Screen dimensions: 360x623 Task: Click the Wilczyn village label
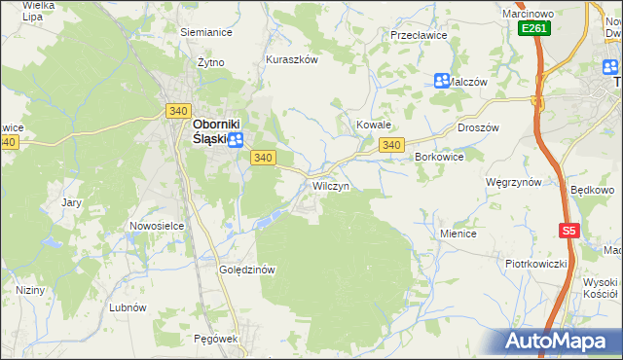point(330,185)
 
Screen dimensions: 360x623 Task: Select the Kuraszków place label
point(292,59)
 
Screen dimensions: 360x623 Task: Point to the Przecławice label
point(418,34)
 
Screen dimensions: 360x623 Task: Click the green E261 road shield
point(534,29)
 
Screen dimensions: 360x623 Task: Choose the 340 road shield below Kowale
point(391,145)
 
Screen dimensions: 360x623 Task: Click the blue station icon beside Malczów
point(442,81)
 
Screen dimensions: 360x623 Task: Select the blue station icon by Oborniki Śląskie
point(236,140)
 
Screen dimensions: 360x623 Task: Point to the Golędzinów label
point(250,270)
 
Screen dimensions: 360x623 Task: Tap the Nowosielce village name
point(157,226)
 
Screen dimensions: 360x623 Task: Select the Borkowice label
point(439,157)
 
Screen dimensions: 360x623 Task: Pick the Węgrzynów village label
point(513,182)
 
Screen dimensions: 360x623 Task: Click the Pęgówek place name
point(216,339)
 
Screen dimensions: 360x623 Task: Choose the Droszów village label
point(477,127)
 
